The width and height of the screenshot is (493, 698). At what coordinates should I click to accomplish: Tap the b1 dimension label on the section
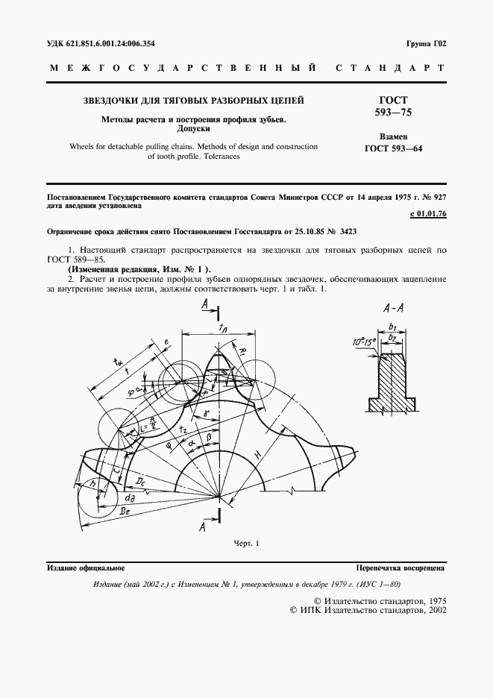[393, 326]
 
